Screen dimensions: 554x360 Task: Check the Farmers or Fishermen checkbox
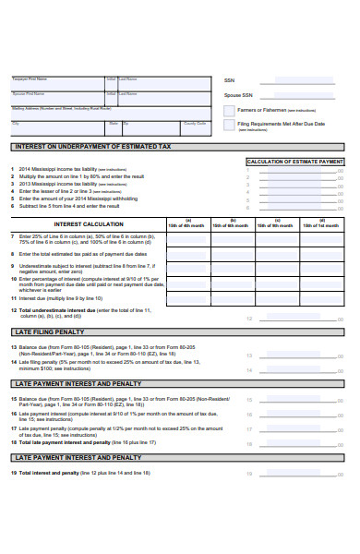click(x=228, y=110)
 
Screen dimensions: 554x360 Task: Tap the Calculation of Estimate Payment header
click(x=295, y=162)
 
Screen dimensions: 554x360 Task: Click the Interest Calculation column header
click(x=89, y=223)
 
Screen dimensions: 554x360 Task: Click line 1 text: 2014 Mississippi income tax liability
click(x=55, y=170)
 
